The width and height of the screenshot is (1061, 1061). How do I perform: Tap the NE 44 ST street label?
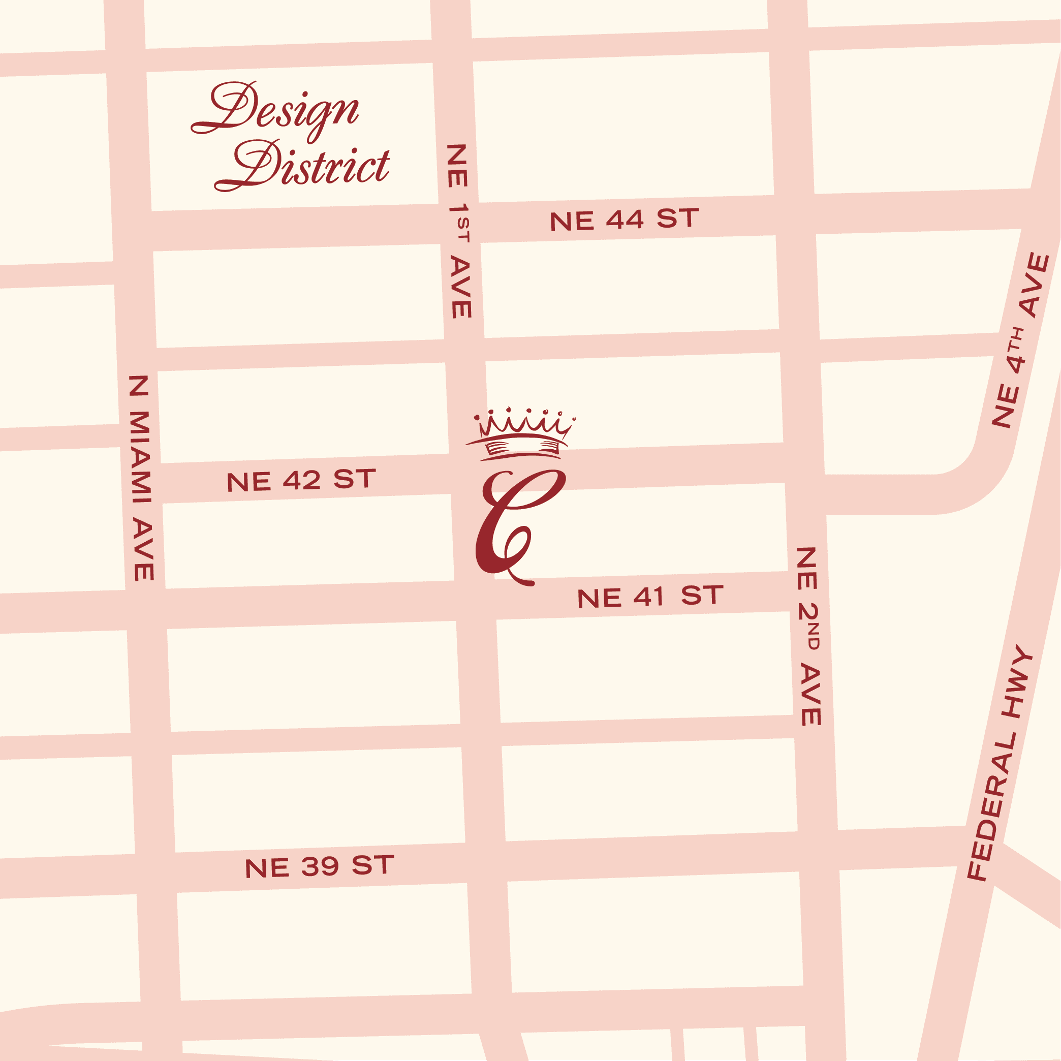click(624, 220)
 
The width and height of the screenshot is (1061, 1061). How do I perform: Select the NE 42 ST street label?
click(301, 481)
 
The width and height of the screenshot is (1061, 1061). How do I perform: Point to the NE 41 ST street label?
click(650, 597)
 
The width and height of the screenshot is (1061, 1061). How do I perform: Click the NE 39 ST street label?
click(319, 866)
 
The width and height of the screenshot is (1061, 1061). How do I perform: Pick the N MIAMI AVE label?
click(141, 478)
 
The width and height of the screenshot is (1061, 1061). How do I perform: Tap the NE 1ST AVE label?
click(458, 231)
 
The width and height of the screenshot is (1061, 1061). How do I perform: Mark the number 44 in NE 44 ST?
click(625, 220)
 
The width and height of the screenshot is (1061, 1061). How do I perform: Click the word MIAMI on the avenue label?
click(140, 457)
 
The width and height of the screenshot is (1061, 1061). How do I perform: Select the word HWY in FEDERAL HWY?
click(1017, 681)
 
